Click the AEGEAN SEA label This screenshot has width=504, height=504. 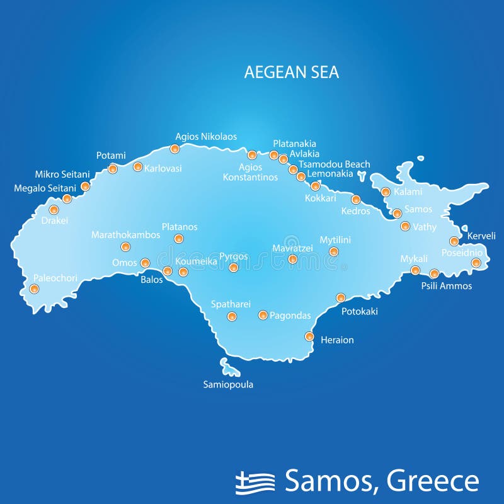point(291,72)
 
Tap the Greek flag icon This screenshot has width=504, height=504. point(255,482)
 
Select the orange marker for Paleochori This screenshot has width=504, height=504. point(34,289)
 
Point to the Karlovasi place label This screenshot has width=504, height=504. point(163,168)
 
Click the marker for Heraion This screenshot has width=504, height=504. point(309,336)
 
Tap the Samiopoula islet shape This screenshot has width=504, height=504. point(226,366)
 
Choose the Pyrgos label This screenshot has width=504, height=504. point(233,256)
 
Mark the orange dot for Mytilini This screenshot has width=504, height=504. point(334,252)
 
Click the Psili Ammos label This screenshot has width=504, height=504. point(446,286)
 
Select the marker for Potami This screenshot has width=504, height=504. point(113,168)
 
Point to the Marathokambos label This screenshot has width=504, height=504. point(126,234)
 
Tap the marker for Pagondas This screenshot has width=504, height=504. point(263,315)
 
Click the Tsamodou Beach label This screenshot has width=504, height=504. point(334,164)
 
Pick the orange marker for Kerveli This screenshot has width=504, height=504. point(454,241)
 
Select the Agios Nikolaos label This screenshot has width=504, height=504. point(206,136)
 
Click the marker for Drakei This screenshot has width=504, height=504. point(54,210)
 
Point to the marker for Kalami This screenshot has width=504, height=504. point(386,192)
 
